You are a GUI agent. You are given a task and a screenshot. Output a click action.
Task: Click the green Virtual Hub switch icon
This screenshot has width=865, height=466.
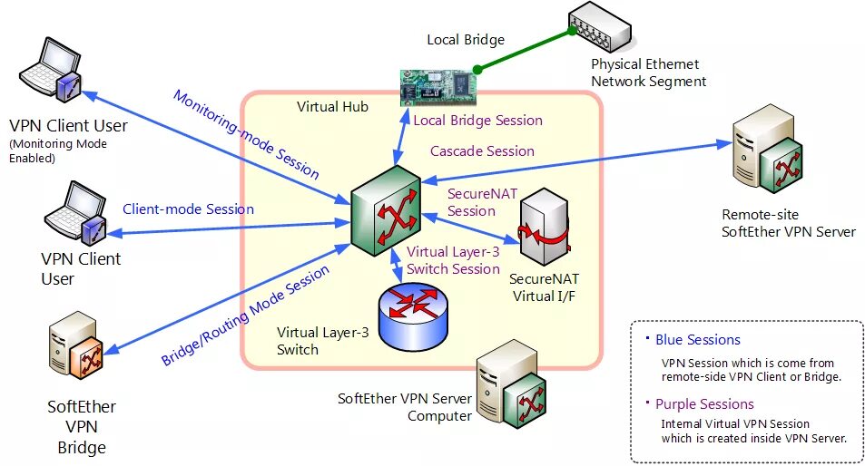pyautogui.click(x=386, y=210)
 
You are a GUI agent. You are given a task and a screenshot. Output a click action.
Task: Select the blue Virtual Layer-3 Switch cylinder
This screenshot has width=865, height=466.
pyautogui.click(x=413, y=316)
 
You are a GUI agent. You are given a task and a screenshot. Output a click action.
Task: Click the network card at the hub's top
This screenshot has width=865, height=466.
pyautogui.click(x=438, y=86)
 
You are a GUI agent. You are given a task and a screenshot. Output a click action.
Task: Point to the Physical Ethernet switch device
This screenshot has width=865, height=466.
pyautogui.click(x=600, y=27)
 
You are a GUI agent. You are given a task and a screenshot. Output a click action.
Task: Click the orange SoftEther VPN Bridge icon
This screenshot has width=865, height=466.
pyautogui.click(x=76, y=345)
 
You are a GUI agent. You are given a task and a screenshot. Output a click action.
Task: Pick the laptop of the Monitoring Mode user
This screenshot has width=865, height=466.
pyautogui.click(x=51, y=70)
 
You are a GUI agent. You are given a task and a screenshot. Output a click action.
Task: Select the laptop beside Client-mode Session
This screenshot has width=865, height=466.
pyautogui.click(x=75, y=213)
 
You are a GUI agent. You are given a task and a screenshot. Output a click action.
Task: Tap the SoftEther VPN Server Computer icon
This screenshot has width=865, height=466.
pyautogui.click(x=511, y=383)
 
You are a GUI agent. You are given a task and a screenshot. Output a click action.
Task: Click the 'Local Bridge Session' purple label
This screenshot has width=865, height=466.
pyautogui.click(x=477, y=121)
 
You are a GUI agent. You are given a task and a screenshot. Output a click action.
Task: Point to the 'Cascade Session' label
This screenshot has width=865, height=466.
pyautogui.click(x=482, y=150)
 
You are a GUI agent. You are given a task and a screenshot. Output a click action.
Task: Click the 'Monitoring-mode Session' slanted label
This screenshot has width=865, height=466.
pyautogui.click(x=246, y=134)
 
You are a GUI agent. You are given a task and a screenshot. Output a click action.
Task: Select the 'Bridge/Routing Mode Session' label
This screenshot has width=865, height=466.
pyautogui.click(x=245, y=316)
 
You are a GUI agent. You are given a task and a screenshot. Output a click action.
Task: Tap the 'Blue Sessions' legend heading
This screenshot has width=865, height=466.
pyautogui.click(x=698, y=340)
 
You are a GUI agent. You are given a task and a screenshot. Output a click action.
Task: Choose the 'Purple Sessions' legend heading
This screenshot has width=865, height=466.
pyautogui.click(x=704, y=404)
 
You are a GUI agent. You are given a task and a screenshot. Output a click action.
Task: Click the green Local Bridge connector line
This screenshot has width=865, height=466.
pyautogui.click(x=526, y=50)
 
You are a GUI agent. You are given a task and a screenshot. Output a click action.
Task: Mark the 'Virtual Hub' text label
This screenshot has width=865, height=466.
pyautogui.click(x=332, y=107)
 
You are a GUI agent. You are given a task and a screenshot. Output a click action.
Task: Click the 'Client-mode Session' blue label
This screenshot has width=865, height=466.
pyautogui.click(x=188, y=209)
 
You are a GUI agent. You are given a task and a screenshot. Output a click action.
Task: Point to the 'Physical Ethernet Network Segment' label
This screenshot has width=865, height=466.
pyautogui.click(x=649, y=73)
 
